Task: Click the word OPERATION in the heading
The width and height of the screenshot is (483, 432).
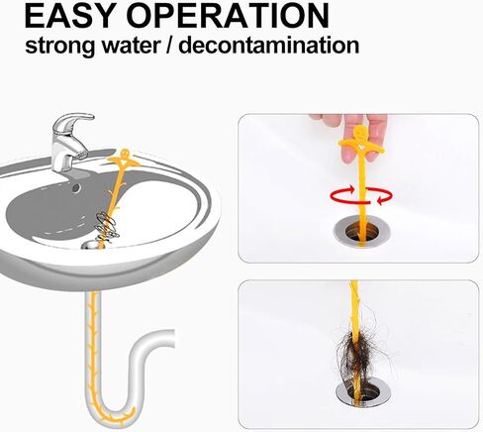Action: tap(237, 16)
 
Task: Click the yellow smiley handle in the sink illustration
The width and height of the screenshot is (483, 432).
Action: tap(124, 159)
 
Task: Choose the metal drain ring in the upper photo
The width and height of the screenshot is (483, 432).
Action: tap(357, 230)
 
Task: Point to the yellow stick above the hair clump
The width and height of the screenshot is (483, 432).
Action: tap(353, 302)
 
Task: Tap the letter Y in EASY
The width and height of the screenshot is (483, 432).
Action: tap(119, 16)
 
